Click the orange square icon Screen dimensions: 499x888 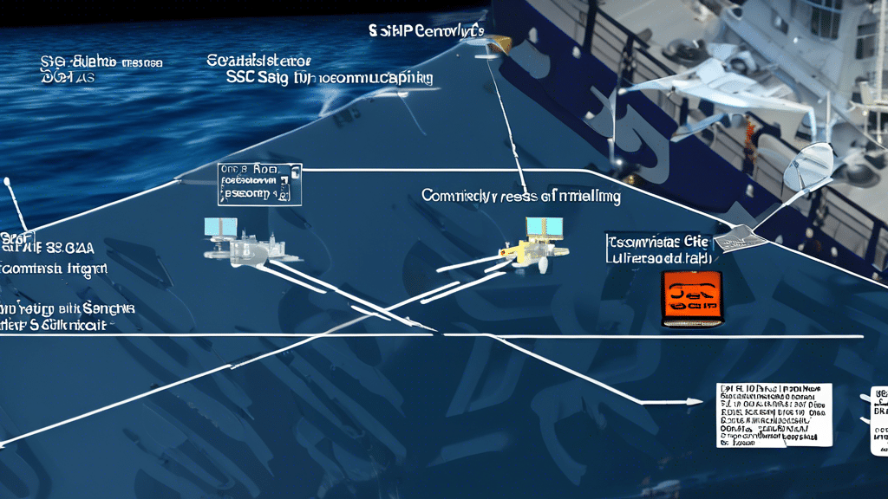coord(691,298)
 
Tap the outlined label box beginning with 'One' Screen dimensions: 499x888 coord(259,182)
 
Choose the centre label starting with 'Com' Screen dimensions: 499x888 coord(520,197)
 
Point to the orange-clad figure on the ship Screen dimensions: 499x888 coord(750,138)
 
